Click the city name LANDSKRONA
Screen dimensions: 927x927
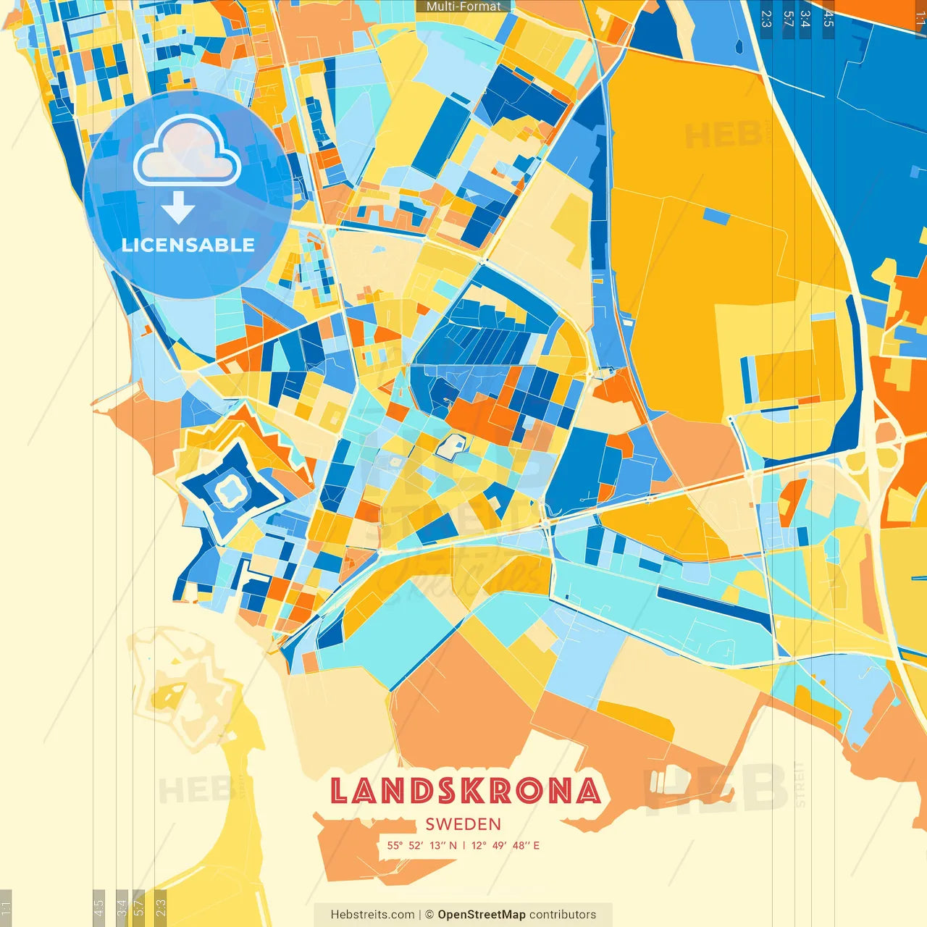[x=465, y=791]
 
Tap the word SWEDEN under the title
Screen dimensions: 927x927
[x=463, y=824]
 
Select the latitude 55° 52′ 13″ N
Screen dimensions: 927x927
[x=421, y=845]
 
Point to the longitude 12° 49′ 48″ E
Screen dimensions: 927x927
[x=505, y=845]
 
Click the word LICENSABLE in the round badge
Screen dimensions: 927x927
[x=188, y=245]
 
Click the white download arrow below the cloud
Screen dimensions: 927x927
[x=178, y=207]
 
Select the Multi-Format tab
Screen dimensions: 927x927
[x=463, y=7]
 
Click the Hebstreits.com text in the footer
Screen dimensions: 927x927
[x=372, y=915]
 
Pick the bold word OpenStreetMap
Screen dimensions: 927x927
[x=481, y=915]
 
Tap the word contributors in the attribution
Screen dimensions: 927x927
[x=563, y=915]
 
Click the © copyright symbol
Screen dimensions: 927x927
[x=429, y=915]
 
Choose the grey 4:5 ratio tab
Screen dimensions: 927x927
[x=98, y=907]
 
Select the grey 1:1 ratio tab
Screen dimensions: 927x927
[x=6, y=907]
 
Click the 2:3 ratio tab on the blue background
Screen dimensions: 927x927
[x=766, y=19]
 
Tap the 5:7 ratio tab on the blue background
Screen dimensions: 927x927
[x=788, y=19]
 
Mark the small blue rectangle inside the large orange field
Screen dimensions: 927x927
[x=716, y=216]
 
